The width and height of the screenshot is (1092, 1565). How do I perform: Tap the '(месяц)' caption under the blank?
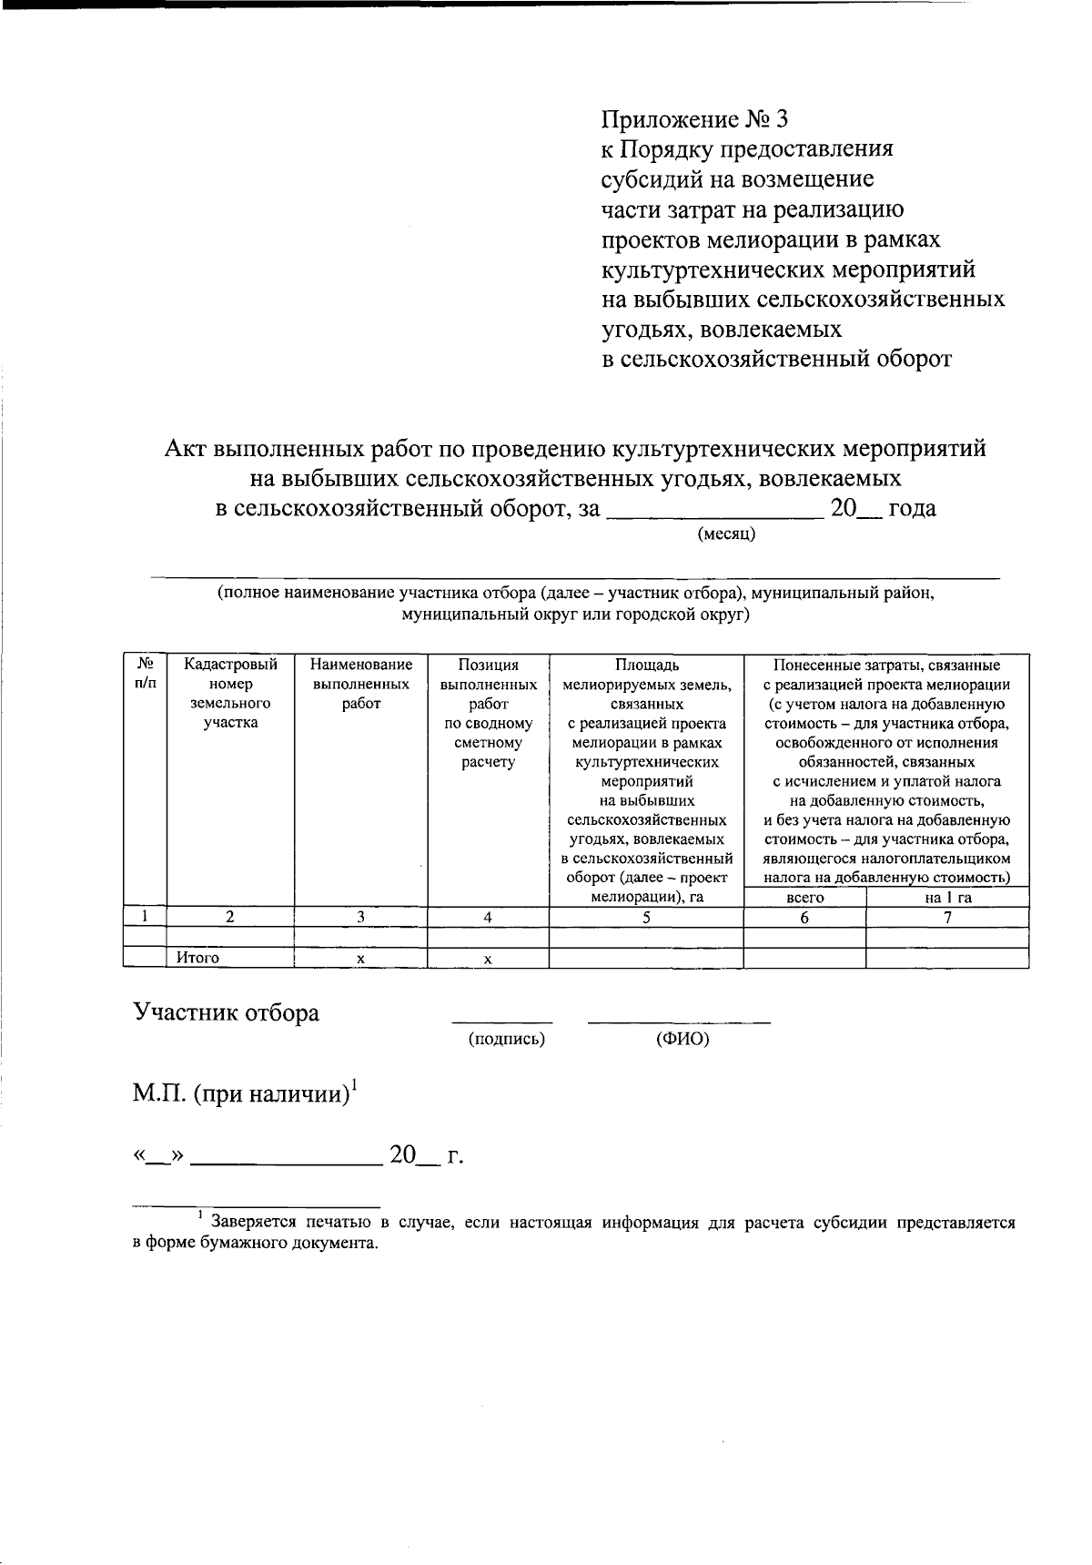[726, 534]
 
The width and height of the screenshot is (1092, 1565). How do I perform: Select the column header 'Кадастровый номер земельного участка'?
[230, 694]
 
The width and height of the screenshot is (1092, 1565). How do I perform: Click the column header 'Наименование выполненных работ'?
[361, 684]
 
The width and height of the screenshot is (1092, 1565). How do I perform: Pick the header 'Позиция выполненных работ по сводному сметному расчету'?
[489, 713]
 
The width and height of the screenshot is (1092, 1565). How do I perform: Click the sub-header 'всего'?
[804, 897]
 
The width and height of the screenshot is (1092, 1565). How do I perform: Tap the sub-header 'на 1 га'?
[947, 897]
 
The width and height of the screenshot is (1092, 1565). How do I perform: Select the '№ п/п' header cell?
[145, 674]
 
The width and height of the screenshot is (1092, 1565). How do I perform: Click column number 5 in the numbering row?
[646, 918]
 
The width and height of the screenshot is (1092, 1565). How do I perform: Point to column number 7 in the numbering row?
[947, 918]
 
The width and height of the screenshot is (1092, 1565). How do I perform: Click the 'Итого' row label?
[197, 958]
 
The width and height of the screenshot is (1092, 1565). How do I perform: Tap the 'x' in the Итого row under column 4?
[489, 959]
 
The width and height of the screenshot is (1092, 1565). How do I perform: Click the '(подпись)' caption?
[506, 1039]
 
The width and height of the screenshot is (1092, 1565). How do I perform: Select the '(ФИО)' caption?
[682, 1039]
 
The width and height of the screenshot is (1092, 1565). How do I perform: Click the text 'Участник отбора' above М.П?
[226, 1012]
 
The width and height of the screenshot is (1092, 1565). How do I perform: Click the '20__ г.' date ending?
[426, 1156]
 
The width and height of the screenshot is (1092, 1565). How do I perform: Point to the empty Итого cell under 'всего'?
[804, 958]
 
